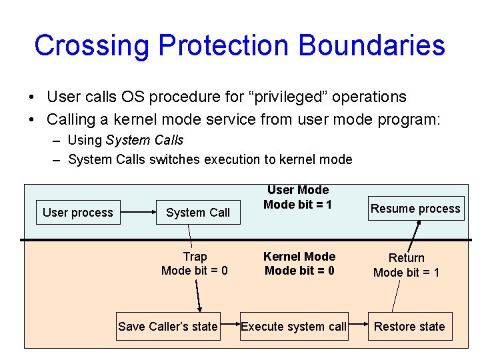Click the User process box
(78, 213)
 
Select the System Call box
(198, 213)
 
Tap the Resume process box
(415, 209)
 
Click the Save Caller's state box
(168, 326)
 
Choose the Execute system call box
(293, 326)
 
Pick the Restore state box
(409, 326)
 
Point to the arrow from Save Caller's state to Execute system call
(230, 326)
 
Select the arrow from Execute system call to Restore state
(358, 326)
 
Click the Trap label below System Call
(195, 257)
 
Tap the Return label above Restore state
(406, 258)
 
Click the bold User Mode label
(298, 191)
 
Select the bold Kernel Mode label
(299, 257)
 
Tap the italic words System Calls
(144, 140)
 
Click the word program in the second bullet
(407, 120)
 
